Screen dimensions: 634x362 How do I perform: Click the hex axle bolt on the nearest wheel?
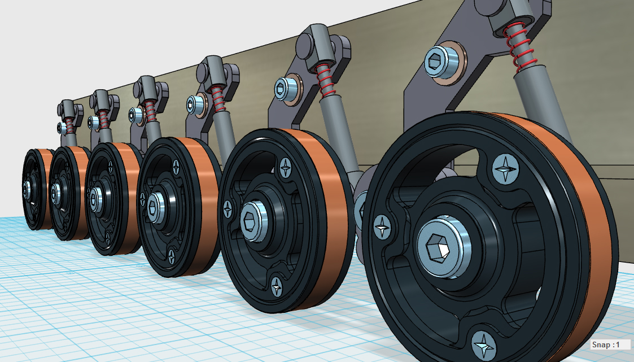click(444, 247)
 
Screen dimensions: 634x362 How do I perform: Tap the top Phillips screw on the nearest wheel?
click(505, 169)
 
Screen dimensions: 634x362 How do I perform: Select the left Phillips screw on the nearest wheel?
click(382, 228)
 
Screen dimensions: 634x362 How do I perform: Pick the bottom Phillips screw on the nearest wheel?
click(484, 346)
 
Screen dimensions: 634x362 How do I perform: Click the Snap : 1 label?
click(605, 344)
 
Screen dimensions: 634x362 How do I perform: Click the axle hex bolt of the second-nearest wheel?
click(254, 221)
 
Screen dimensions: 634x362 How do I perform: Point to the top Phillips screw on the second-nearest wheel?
click(286, 168)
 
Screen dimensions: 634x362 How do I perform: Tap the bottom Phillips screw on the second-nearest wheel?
click(277, 286)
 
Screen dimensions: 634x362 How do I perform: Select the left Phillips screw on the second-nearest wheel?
click(228, 209)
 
